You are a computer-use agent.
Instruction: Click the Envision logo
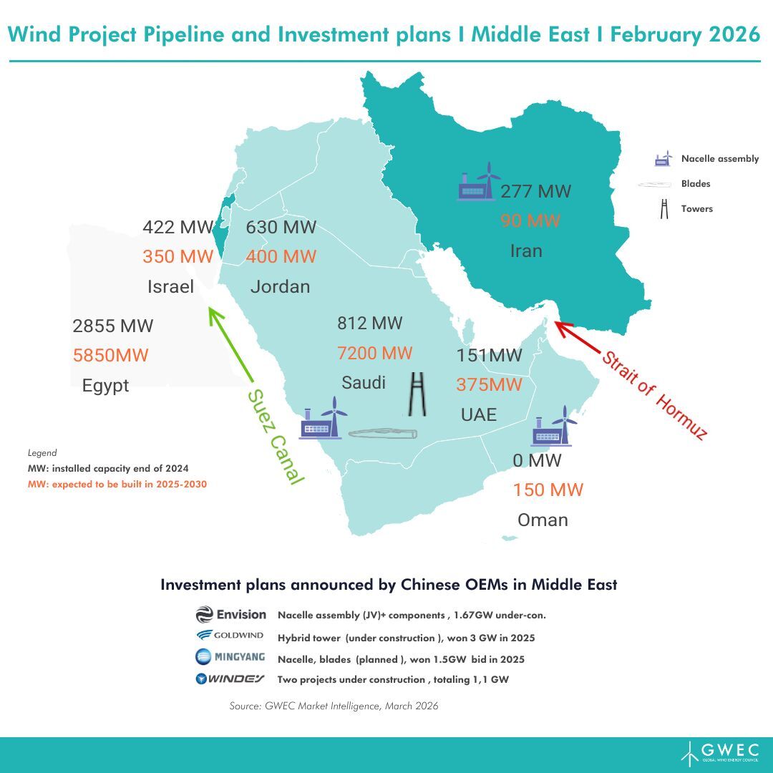(x=230, y=614)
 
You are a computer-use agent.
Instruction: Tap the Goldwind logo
(x=230, y=636)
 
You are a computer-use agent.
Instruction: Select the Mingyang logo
(x=230, y=657)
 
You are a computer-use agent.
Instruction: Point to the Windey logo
(x=230, y=679)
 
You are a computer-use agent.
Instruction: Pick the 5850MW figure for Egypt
(x=111, y=354)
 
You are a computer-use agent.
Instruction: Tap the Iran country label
(x=526, y=251)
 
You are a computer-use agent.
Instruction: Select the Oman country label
(x=543, y=520)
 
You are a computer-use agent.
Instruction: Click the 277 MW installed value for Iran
(x=535, y=192)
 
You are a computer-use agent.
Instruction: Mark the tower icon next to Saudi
(x=415, y=394)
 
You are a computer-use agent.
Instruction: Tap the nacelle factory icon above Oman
(x=557, y=426)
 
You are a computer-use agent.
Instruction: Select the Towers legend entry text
(x=696, y=209)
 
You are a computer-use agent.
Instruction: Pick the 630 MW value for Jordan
(x=281, y=228)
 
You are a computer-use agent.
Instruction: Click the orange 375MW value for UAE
(x=490, y=384)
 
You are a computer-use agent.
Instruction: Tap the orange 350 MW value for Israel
(x=178, y=256)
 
